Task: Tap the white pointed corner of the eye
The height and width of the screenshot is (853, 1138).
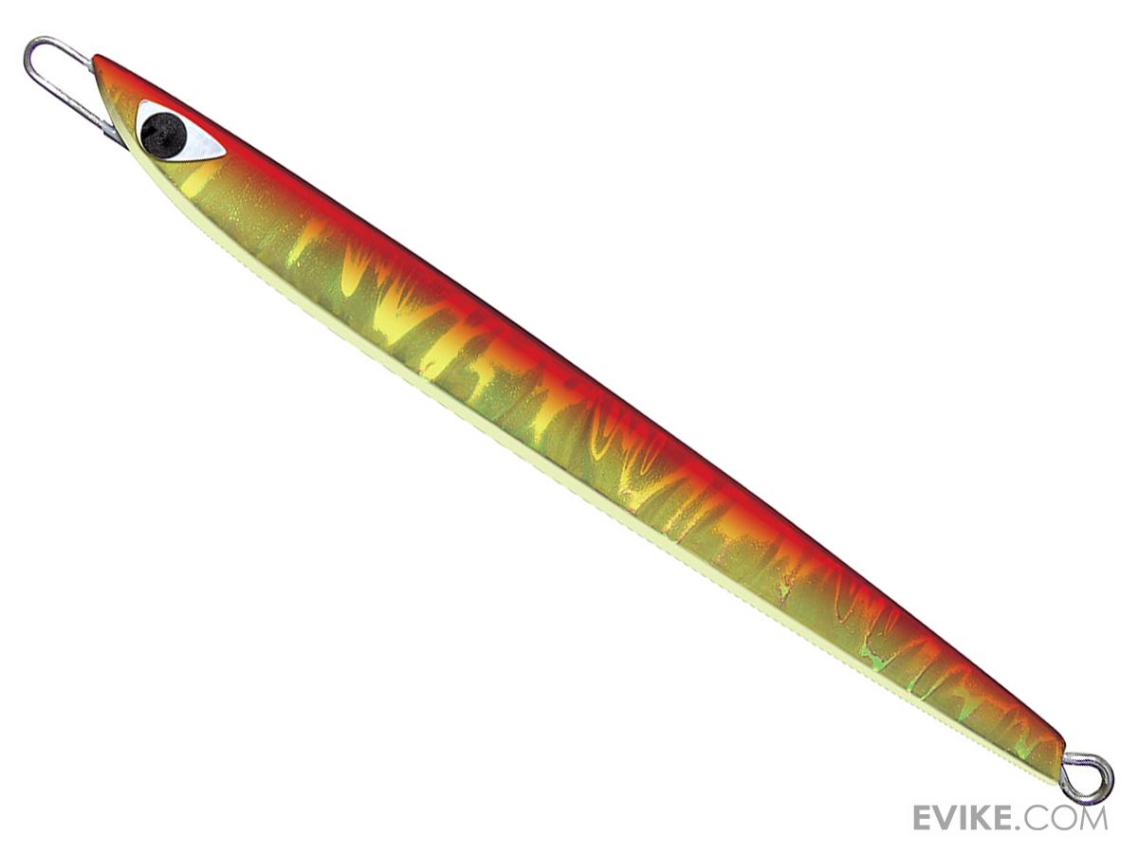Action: point(225,152)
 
